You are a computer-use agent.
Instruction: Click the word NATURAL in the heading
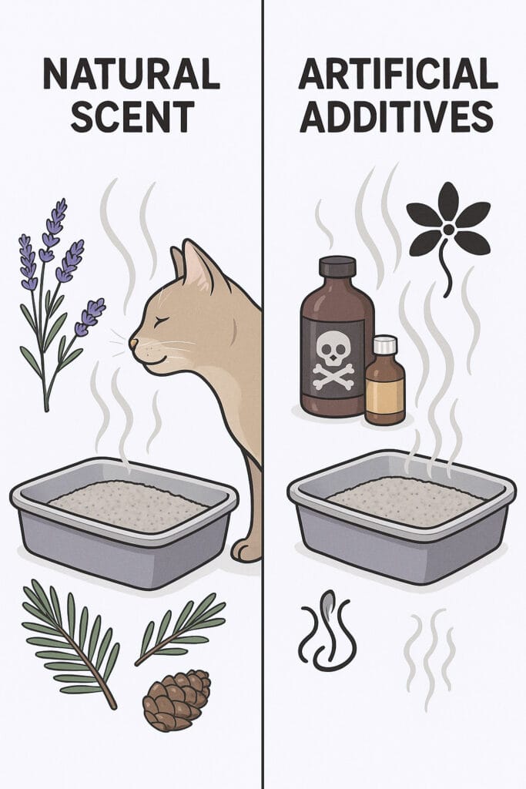(131, 73)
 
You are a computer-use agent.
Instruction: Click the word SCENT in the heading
(132, 116)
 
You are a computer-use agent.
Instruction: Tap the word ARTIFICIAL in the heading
(398, 73)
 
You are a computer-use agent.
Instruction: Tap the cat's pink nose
(133, 343)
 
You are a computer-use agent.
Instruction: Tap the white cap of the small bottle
(385, 344)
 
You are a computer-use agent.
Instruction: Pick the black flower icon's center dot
(448, 229)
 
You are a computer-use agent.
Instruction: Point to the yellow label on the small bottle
(385, 395)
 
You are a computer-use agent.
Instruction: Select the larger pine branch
(70, 642)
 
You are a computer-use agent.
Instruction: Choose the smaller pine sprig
(179, 629)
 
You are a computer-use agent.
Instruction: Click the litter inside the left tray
(129, 505)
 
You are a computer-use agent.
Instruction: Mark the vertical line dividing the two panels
(263, 394)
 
